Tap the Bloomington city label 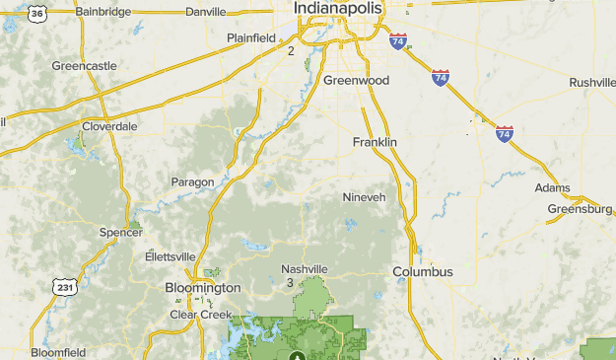tap(202, 288)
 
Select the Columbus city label tap(422, 271)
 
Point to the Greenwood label tap(356, 80)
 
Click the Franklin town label tap(375, 142)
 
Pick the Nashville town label tap(304, 269)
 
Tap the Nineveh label tap(364, 197)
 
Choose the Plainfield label tap(251, 37)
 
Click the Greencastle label tap(84, 66)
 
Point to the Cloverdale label tap(109, 126)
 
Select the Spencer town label tap(121, 233)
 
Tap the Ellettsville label tap(170, 256)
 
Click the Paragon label tap(191, 182)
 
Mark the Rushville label tap(591, 82)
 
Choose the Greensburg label tap(581, 209)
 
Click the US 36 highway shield tap(36, 12)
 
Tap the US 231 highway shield tap(64, 287)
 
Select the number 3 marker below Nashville tap(290, 283)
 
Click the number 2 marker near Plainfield tap(291, 50)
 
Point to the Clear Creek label tap(200, 315)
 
